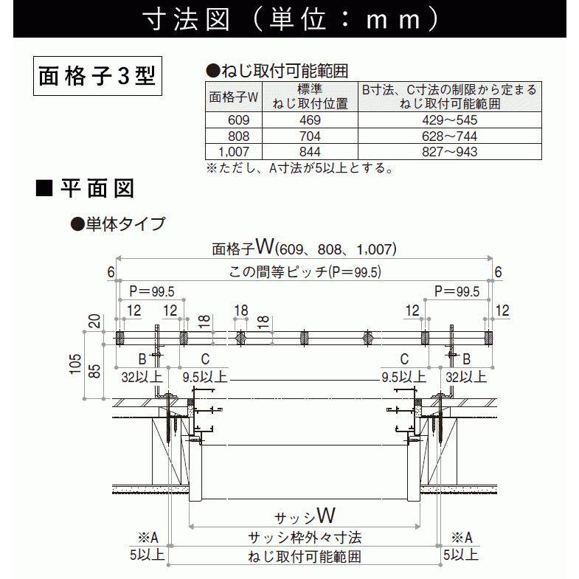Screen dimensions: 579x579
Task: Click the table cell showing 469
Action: tap(310, 120)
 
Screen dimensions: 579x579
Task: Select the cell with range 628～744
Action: tap(449, 136)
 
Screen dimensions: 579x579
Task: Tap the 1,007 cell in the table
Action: tap(234, 152)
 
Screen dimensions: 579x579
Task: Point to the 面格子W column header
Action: tap(233, 97)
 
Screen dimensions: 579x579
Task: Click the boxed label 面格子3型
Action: tap(97, 76)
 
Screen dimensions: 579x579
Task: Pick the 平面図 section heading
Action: tap(97, 188)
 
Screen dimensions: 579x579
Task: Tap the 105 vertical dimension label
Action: tap(75, 364)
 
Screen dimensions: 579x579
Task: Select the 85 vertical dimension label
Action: tap(94, 371)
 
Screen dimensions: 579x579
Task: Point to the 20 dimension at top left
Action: tap(94, 322)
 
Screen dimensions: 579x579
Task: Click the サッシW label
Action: tap(305, 516)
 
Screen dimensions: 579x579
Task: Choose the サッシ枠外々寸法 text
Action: tap(305, 538)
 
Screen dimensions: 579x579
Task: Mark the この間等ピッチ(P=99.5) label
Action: tap(305, 272)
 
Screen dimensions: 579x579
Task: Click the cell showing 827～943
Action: tap(449, 152)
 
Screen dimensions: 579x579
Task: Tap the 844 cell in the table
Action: tap(310, 152)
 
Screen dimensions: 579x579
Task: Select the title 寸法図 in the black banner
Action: tap(187, 19)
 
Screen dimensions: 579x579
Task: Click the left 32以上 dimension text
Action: tap(142, 377)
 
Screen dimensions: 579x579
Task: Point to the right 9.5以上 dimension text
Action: tap(404, 377)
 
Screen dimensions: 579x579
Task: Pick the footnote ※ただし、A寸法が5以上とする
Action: tap(300, 168)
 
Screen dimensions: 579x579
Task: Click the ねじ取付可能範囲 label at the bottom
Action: tap(305, 556)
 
